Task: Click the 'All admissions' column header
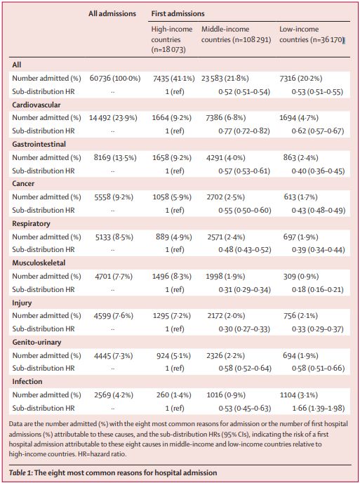(x=112, y=13)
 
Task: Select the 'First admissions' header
(x=178, y=13)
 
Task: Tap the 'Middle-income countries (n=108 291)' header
(x=236, y=34)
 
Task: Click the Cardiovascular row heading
(x=36, y=105)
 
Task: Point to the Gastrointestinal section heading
(x=39, y=144)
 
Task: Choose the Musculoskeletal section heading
(x=39, y=263)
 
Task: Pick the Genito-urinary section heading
(x=36, y=342)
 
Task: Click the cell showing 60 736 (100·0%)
(x=115, y=78)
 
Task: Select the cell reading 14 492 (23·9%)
(x=113, y=118)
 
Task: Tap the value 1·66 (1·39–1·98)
(x=318, y=408)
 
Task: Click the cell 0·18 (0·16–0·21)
(x=318, y=289)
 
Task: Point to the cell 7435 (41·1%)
(x=174, y=78)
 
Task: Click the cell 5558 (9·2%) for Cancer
(x=114, y=197)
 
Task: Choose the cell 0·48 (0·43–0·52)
(x=245, y=249)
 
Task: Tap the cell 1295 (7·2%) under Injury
(x=172, y=316)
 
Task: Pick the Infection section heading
(x=27, y=382)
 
